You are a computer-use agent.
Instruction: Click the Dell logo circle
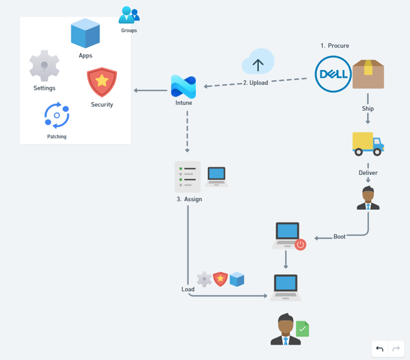click(333, 74)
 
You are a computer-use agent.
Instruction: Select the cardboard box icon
click(369, 74)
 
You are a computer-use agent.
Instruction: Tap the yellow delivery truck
click(368, 144)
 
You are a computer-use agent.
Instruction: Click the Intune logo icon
click(183, 87)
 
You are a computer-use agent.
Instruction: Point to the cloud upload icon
click(257, 63)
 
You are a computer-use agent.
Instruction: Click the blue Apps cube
click(85, 34)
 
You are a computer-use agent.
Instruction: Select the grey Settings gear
click(44, 66)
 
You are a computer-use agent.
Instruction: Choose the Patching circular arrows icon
click(57, 115)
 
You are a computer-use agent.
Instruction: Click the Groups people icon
click(129, 15)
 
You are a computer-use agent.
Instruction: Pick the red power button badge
click(300, 244)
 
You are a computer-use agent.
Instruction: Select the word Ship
click(368, 109)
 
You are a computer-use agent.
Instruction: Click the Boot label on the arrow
click(339, 237)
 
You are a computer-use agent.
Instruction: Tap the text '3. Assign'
click(189, 199)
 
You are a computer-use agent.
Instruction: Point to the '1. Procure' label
click(335, 46)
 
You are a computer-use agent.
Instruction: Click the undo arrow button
click(379, 349)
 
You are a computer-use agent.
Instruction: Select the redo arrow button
click(396, 349)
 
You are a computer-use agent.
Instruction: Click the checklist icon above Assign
click(188, 176)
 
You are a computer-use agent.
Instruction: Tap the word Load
click(188, 289)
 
